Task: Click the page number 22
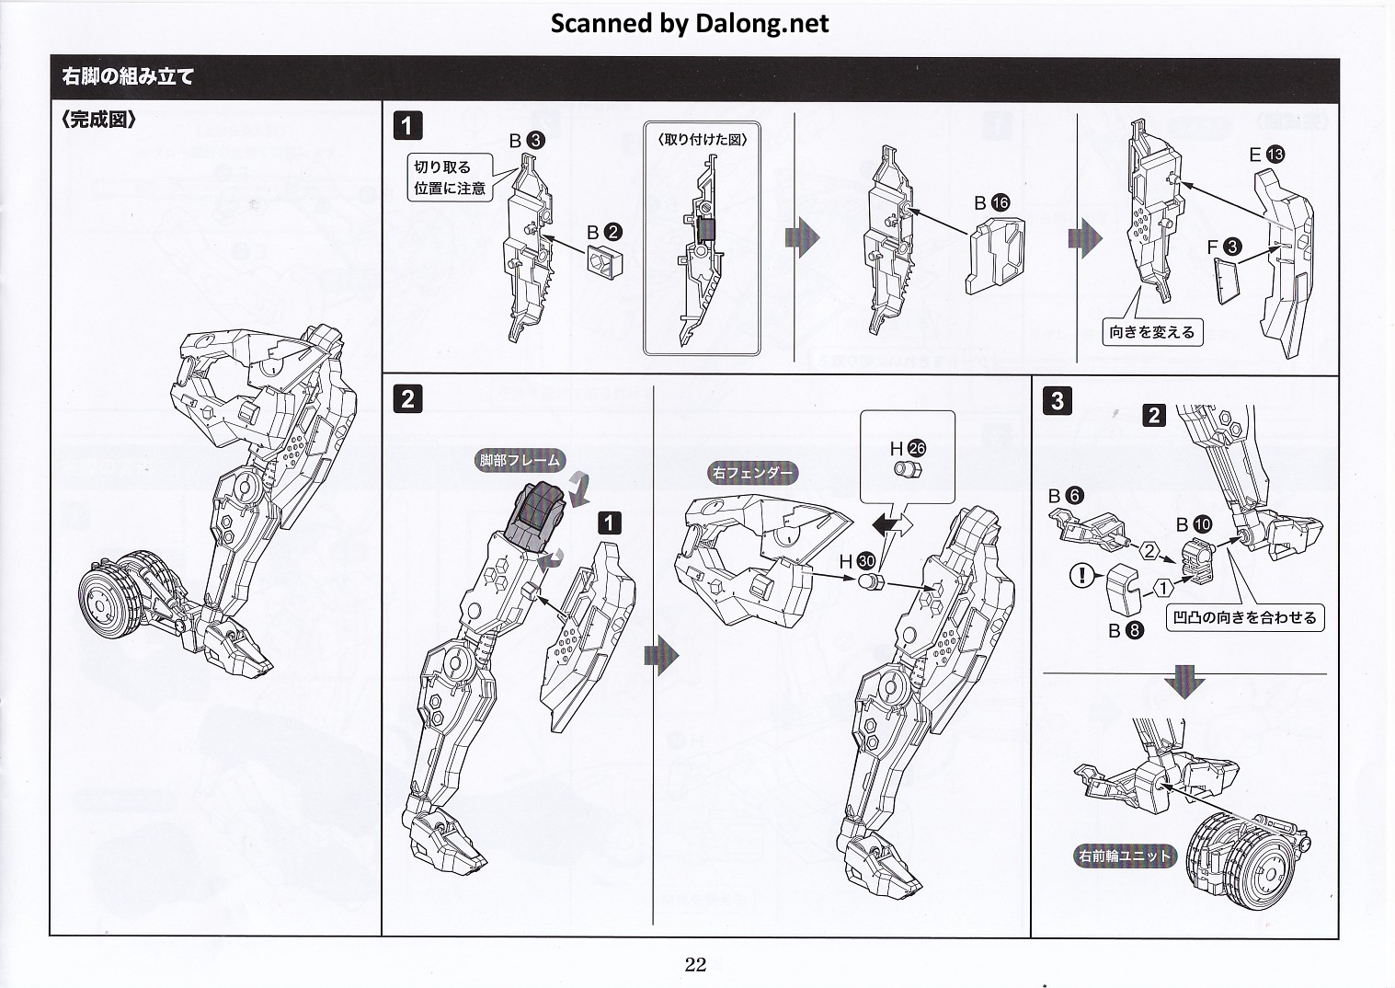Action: coord(695,964)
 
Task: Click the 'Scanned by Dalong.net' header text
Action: coord(689,23)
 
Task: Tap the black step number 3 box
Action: coord(1058,401)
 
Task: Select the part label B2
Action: coord(605,233)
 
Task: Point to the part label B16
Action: coord(992,203)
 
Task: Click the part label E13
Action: coord(1266,155)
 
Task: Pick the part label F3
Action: coord(1224,247)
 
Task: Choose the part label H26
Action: coord(907,448)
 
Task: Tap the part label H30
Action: coord(856,560)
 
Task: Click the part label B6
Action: coord(1066,496)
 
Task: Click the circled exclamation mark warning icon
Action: coord(1084,576)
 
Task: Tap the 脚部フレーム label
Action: coord(520,461)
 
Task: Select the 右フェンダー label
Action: coord(752,474)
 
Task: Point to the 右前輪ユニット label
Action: coord(1125,856)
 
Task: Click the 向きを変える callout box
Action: coord(1151,332)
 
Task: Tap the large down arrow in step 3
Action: coord(1184,683)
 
